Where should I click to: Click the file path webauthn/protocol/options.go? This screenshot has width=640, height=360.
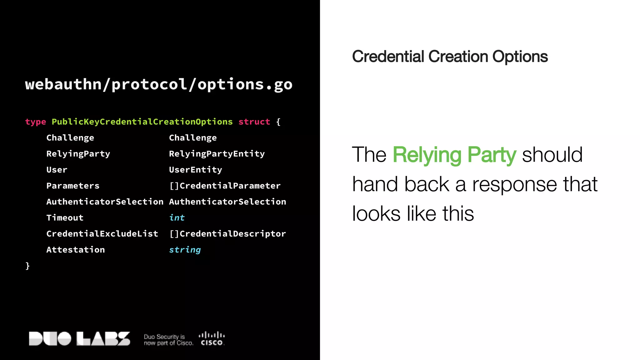[x=159, y=84]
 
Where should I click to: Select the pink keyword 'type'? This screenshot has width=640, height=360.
[x=35, y=122]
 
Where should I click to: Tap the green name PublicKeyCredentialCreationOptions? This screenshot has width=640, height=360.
[x=142, y=122]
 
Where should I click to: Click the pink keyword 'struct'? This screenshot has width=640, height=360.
[x=254, y=122]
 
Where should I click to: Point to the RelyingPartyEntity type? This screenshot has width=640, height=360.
[x=217, y=154]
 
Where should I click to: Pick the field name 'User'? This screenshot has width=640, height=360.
[x=57, y=170]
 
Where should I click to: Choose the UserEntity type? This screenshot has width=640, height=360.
[x=196, y=170]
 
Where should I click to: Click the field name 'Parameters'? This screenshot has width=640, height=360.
[x=73, y=186]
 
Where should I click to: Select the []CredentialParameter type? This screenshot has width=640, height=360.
[x=225, y=186]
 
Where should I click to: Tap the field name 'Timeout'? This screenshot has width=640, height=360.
[x=65, y=217]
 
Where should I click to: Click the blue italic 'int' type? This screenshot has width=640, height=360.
[x=177, y=217]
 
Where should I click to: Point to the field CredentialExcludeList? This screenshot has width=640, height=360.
[x=102, y=234]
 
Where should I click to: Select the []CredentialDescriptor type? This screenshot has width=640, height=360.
[x=227, y=234]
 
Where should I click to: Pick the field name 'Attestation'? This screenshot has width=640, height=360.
[x=76, y=250]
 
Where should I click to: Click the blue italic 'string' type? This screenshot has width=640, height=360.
[x=185, y=250]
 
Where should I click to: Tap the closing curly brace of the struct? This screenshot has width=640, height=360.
[x=27, y=266]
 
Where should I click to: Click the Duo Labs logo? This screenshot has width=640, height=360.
[x=79, y=338]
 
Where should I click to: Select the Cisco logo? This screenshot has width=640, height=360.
[x=212, y=338]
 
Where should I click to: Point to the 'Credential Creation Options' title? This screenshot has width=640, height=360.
[x=450, y=57]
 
